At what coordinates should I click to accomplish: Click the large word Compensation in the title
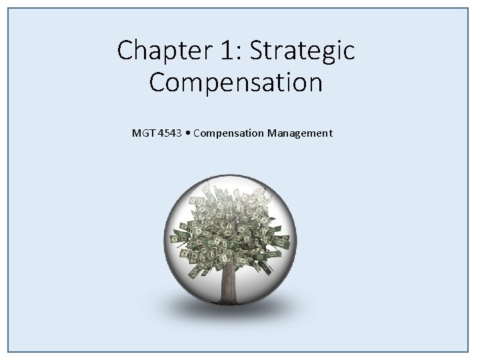(236, 83)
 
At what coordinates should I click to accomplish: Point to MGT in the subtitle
(143, 133)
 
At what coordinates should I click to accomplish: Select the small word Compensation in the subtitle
(230, 133)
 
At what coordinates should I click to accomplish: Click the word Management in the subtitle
(300, 133)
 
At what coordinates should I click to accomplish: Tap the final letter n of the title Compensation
(315, 83)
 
